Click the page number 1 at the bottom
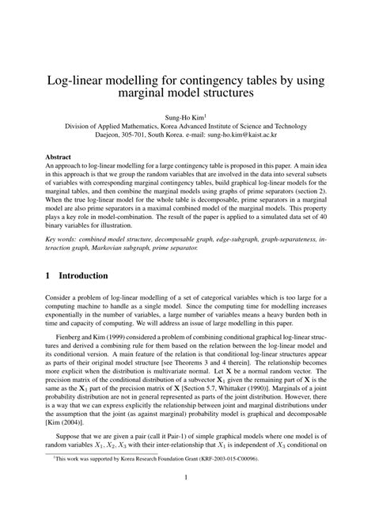tap(187, 498)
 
